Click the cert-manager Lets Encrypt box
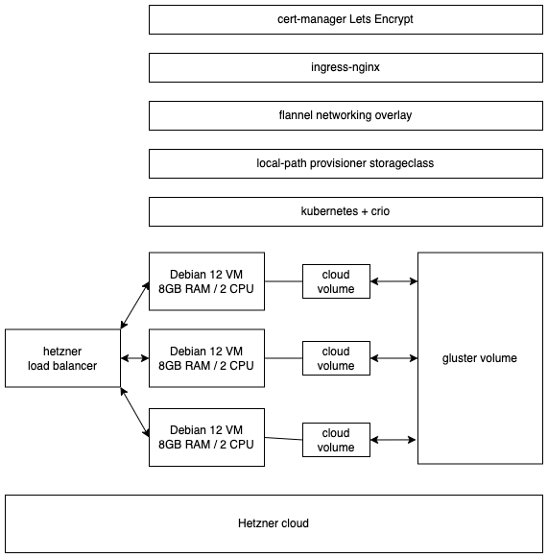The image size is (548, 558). pyautogui.click(x=345, y=19)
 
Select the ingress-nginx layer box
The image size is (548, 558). pyautogui.click(x=345, y=67)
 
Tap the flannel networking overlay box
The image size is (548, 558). pyautogui.click(x=345, y=115)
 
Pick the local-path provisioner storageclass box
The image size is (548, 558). pyautogui.click(x=345, y=163)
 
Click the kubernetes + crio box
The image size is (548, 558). pyautogui.click(x=345, y=210)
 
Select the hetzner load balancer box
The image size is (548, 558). pyautogui.click(x=62, y=358)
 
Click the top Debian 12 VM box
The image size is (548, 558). pyautogui.click(x=206, y=281)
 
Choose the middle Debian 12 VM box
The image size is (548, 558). pyautogui.click(x=206, y=358)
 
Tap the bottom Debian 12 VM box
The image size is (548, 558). pyautogui.click(x=206, y=437)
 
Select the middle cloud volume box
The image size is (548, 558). pyautogui.click(x=336, y=358)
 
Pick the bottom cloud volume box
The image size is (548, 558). pyautogui.click(x=336, y=440)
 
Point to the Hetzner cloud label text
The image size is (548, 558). pyautogui.click(x=274, y=523)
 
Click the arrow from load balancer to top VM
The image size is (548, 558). pyautogui.click(x=135, y=305)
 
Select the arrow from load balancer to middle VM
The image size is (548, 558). pyautogui.click(x=135, y=358)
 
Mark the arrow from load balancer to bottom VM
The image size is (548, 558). pyautogui.click(x=135, y=411)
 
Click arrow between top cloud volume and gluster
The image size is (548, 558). pyautogui.click(x=393, y=281)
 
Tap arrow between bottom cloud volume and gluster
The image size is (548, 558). pyautogui.click(x=393, y=440)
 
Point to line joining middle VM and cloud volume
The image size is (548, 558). pyautogui.click(x=283, y=358)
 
